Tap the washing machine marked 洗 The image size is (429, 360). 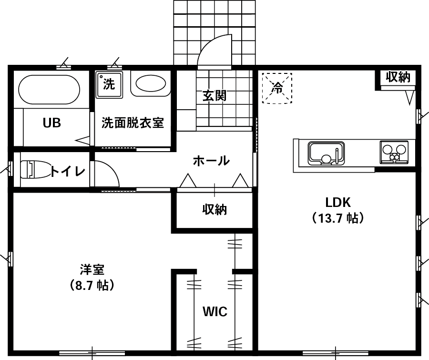tap(109, 85)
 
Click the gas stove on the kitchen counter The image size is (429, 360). tap(394, 152)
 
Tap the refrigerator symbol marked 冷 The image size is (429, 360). tap(277, 87)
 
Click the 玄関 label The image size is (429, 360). tap(214, 96)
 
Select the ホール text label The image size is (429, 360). tap(211, 161)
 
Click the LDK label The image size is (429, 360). tap(338, 202)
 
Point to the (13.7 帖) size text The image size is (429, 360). tap(338, 218)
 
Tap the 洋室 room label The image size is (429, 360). tap(92, 269)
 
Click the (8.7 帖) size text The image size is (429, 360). tap(92, 286)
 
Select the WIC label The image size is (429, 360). tap(214, 312)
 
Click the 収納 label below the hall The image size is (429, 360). tap(214, 209)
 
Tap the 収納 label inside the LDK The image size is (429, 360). tap(398, 77)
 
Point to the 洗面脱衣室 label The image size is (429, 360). tap(133, 123)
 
